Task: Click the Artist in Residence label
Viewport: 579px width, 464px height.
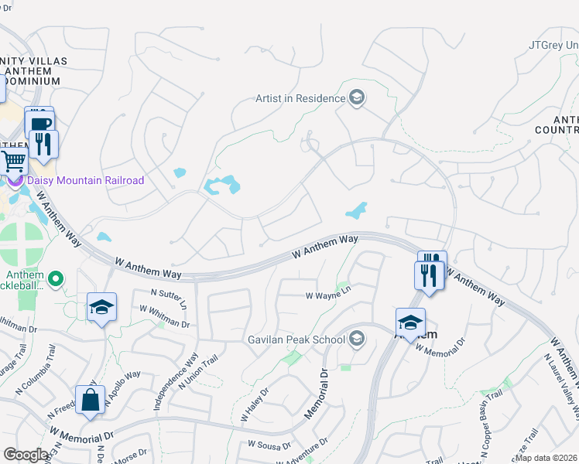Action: click(x=300, y=98)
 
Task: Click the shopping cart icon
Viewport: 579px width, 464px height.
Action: click(x=12, y=162)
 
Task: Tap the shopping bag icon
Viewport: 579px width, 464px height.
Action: click(x=91, y=401)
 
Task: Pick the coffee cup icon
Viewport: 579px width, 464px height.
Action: click(x=39, y=123)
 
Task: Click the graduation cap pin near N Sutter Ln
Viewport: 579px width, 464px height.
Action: click(x=101, y=308)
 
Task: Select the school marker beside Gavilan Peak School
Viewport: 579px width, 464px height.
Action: click(x=357, y=339)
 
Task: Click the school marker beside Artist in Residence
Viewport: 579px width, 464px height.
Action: click(x=357, y=98)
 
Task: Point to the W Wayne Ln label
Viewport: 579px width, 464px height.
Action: click(x=328, y=295)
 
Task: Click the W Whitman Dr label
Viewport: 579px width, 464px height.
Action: click(x=165, y=316)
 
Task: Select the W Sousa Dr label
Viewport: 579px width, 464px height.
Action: click(x=269, y=445)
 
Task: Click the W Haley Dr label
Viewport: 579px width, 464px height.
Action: click(x=253, y=406)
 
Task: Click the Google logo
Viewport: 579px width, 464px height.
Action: click(x=26, y=455)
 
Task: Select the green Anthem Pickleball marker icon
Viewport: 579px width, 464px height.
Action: click(x=56, y=278)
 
